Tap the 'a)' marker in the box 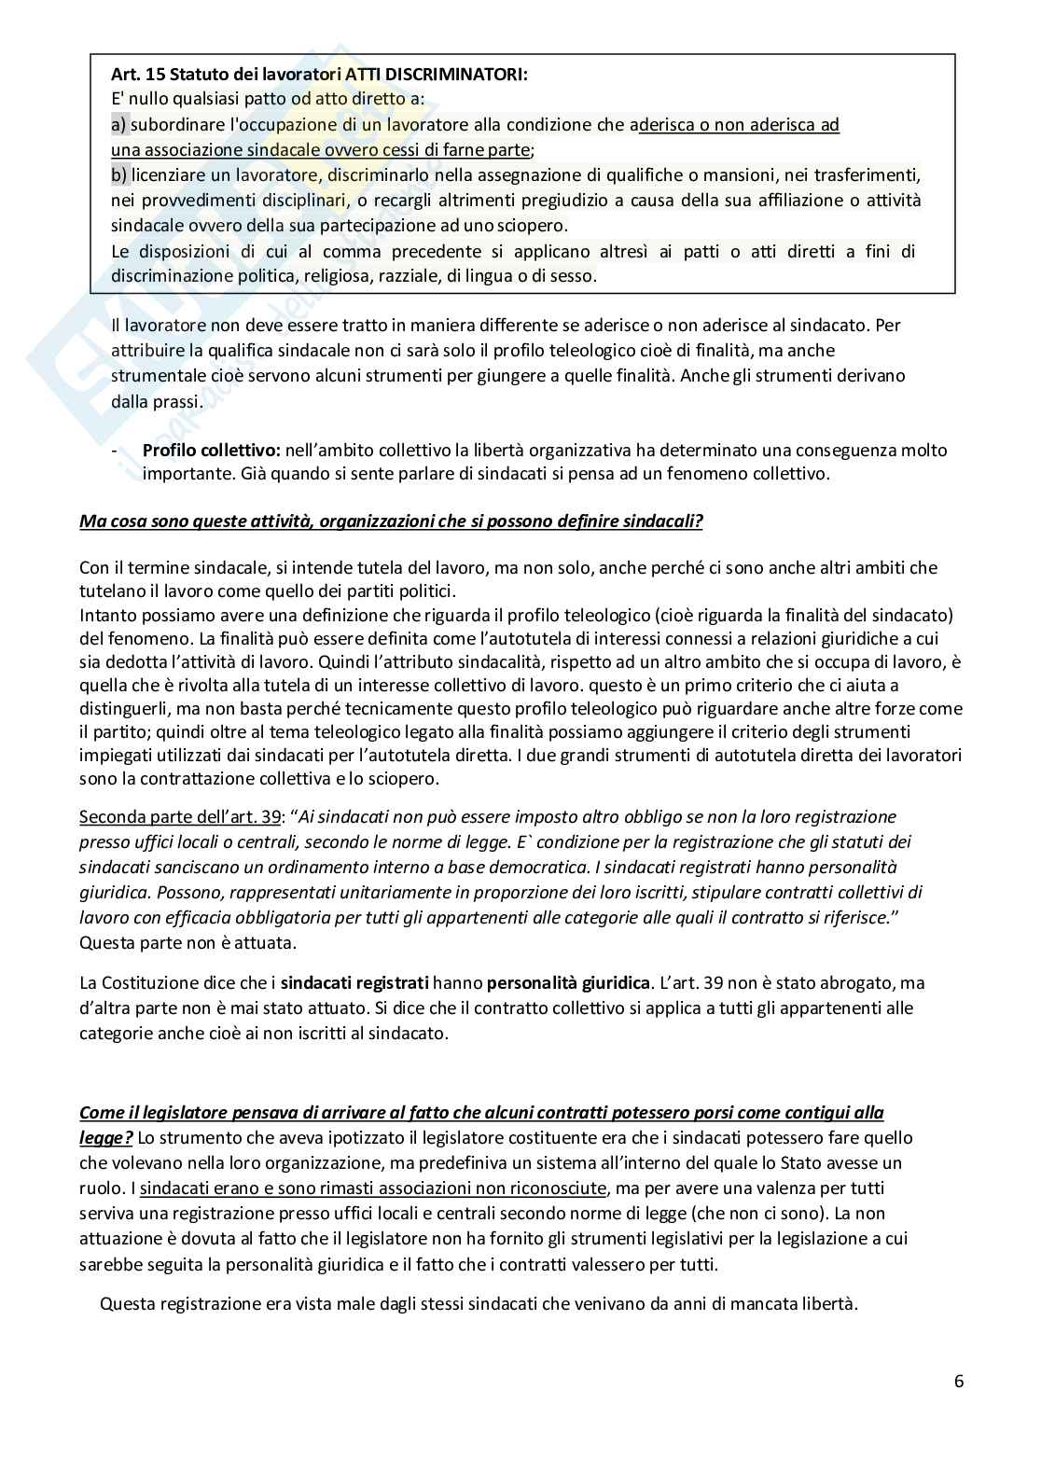118,125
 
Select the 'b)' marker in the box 118,175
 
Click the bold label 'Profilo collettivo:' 212,450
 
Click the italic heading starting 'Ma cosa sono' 391,521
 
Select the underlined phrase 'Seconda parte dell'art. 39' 180,816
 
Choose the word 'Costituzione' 152,982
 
